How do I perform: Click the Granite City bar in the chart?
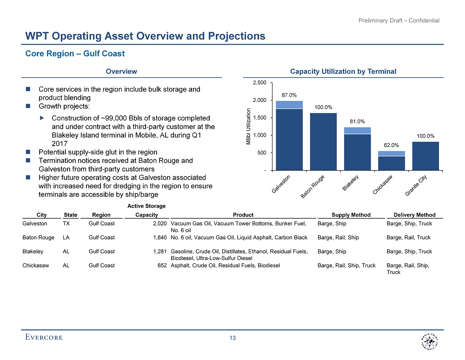tap(425, 156)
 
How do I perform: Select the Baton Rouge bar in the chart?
tap(323, 141)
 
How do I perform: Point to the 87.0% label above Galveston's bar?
tap(289, 95)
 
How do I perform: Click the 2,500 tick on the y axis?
tap(259, 83)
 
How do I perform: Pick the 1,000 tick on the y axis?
tap(259, 135)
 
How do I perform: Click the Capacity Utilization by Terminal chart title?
tap(343, 72)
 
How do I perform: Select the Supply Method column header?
tap(351, 215)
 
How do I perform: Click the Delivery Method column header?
tap(414, 215)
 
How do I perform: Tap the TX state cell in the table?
tap(66, 224)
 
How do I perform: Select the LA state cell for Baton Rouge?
tap(66, 238)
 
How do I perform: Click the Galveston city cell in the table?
tap(35, 224)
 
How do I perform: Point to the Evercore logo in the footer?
tap(44, 337)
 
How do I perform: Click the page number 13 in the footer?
tap(232, 338)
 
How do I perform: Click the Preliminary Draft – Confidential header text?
tap(399, 20)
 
